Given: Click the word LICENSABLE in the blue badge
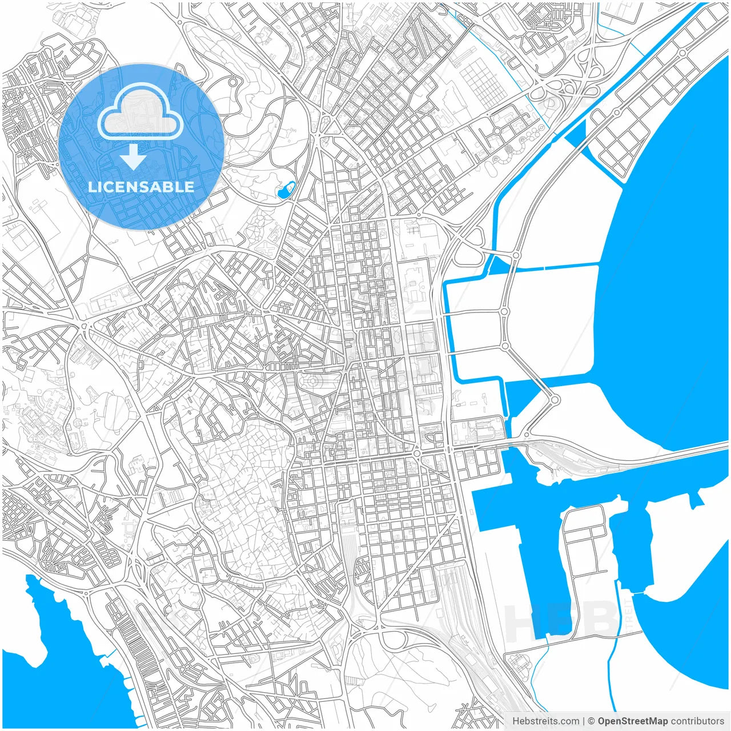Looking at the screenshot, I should point(140,187).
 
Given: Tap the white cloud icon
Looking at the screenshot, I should point(140,113).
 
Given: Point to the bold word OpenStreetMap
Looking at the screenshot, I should point(632,721).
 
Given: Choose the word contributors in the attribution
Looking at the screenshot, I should point(697,721).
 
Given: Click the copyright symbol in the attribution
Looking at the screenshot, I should point(592,721).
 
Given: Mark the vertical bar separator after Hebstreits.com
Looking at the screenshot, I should point(583,721).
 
